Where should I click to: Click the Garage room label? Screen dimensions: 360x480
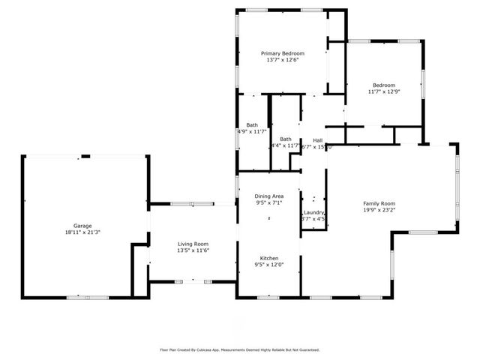click(82, 225)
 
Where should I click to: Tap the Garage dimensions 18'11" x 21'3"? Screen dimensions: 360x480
click(82, 232)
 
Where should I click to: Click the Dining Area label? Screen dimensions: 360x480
click(268, 195)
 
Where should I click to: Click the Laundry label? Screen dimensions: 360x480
click(313, 212)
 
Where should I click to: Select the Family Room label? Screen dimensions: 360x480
click(379, 203)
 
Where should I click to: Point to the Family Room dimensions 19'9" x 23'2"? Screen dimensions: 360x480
click(379, 211)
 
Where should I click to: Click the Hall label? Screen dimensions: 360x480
click(318, 140)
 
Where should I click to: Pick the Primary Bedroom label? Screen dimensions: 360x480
click(283, 53)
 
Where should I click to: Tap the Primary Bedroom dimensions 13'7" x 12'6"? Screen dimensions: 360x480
click(283, 61)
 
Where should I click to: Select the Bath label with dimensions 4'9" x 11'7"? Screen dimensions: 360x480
click(252, 124)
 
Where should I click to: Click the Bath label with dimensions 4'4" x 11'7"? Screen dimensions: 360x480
click(286, 139)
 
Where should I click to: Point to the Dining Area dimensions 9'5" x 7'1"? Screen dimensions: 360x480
click(268, 202)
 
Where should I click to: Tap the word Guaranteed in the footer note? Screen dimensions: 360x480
click(307, 349)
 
